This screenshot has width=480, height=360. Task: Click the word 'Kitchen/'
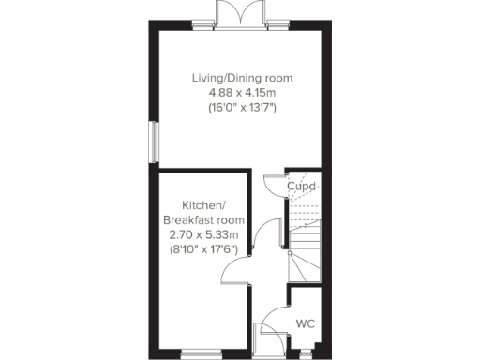pos(203,205)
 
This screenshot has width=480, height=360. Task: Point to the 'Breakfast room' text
pos(203,219)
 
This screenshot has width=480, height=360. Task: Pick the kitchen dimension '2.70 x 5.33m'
pos(203,233)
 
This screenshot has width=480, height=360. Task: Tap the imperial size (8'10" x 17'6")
pos(203,248)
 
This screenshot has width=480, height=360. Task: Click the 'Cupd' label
pos(302,186)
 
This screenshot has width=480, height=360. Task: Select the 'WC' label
pos(305,324)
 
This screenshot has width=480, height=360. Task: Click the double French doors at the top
pos(235,15)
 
